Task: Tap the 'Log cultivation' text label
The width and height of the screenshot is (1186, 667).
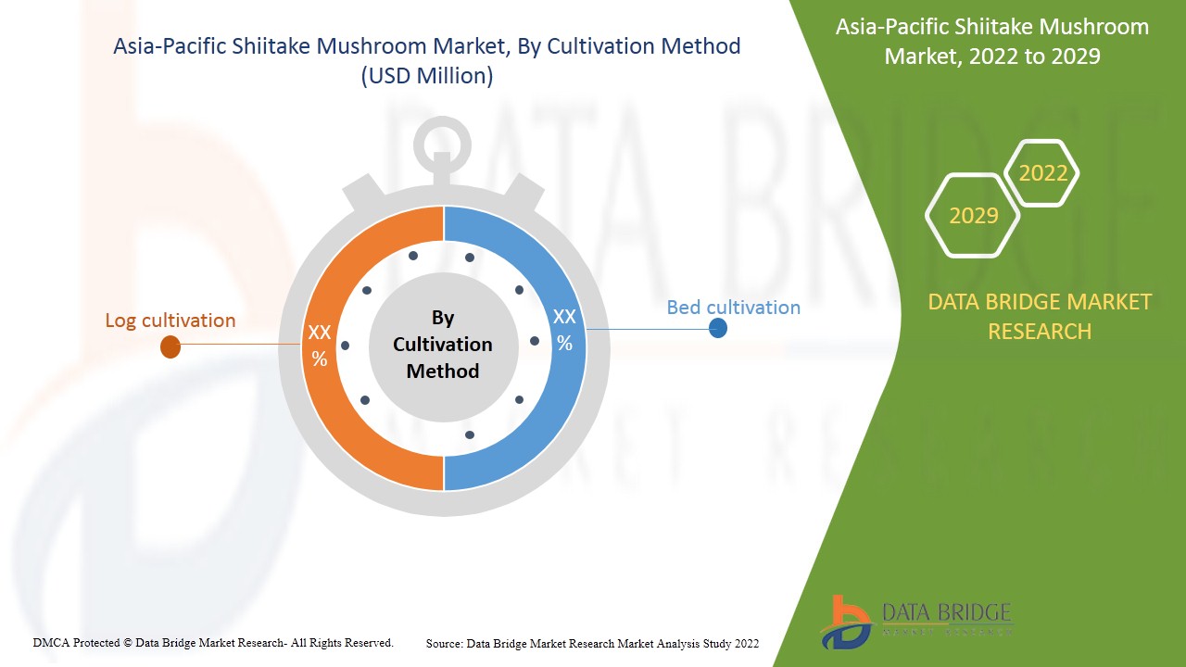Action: coord(170,321)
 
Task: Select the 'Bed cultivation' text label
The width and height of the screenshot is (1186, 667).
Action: coord(733,308)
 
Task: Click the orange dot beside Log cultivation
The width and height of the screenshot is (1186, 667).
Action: coord(170,347)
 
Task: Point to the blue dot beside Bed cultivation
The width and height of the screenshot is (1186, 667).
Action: coord(718,328)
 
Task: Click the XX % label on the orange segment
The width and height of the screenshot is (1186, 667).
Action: coord(320,346)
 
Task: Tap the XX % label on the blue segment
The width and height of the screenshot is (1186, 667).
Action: coord(564,330)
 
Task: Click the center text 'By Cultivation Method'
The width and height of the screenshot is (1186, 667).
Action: coord(443,345)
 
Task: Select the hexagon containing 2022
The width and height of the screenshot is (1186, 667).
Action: coord(1042,173)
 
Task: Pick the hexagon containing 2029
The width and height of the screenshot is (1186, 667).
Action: coord(973,215)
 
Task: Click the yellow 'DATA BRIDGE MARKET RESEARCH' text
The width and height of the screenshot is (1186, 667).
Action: coord(1040,316)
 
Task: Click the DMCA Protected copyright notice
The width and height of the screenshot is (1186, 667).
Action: coord(213,642)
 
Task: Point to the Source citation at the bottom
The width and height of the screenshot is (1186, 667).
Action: coord(592,643)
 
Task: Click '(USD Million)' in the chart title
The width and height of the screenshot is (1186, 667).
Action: coord(426,76)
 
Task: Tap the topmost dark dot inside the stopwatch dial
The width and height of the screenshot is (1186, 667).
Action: coord(413,256)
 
